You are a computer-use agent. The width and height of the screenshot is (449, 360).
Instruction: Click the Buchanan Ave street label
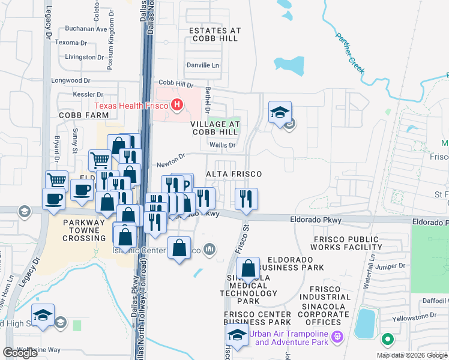click(86, 29)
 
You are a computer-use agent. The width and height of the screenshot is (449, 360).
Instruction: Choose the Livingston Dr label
click(84, 57)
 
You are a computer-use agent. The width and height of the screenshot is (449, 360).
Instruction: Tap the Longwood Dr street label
click(71, 80)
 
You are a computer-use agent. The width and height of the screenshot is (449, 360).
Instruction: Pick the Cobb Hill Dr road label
click(176, 84)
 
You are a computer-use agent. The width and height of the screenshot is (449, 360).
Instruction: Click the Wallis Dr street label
click(222, 145)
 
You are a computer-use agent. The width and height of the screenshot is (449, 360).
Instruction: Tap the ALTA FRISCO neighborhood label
click(234, 173)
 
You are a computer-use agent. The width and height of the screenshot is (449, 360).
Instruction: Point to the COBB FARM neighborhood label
click(83, 114)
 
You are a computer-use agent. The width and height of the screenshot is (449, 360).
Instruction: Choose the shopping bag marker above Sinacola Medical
click(249, 269)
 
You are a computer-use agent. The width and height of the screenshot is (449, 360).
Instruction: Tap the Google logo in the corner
click(20, 353)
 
